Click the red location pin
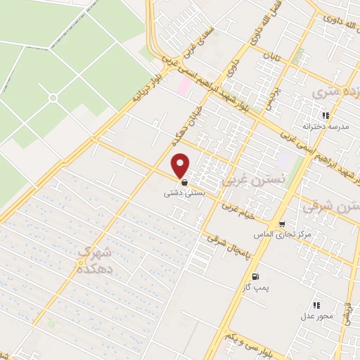181,165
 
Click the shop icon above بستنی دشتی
184,181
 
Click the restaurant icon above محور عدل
316,305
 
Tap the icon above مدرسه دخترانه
325,115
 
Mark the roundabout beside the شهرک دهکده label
79,262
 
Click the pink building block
185,86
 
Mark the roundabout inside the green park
52,98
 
